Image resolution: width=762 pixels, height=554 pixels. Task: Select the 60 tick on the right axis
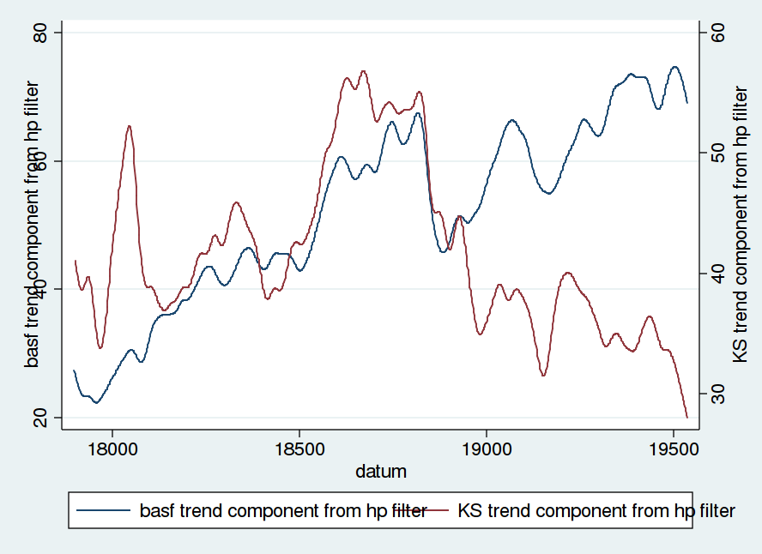tap(717, 33)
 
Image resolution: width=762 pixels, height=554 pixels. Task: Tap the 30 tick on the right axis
tap(717, 395)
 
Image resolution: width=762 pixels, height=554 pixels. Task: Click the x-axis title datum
tap(381, 471)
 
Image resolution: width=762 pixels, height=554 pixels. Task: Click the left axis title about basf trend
tap(33, 225)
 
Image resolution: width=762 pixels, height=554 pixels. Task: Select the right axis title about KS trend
tap(743, 225)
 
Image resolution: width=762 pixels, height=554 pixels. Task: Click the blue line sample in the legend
tap(105, 511)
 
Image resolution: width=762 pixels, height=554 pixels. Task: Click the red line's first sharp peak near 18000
tap(130, 126)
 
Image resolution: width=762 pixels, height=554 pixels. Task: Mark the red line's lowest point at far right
tap(686, 417)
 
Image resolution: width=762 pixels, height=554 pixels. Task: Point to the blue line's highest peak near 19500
tap(674, 67)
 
